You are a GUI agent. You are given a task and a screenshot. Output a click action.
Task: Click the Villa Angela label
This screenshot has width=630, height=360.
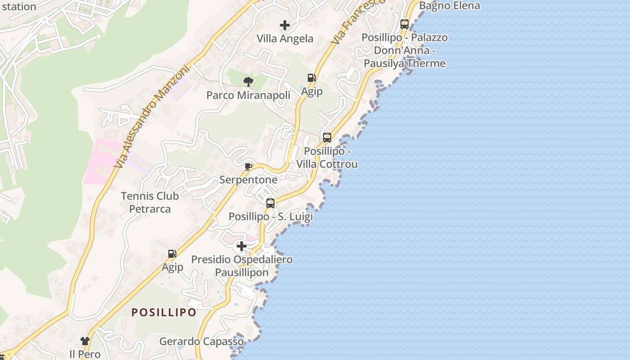[285, 39]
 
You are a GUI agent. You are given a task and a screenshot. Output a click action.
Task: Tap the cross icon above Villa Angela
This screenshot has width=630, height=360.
[285, 25]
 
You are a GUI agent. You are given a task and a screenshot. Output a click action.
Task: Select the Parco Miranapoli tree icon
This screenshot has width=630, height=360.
[248, 81]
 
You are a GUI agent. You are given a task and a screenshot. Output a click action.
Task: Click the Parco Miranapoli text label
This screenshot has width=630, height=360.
[248, 95]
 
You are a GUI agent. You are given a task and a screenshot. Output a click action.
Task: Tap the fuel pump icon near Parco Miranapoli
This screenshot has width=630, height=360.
[311, 78]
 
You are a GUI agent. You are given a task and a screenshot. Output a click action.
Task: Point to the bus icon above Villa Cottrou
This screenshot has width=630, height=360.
[327, 138]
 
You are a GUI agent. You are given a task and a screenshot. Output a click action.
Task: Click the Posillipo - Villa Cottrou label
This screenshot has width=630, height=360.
[327, 157]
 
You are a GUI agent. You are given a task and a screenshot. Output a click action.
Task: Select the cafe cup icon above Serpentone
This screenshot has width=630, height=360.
[248, 166]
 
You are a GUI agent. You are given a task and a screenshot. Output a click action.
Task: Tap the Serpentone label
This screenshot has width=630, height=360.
[248, 180]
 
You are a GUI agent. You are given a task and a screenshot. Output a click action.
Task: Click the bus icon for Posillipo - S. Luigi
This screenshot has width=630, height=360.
[270, 203]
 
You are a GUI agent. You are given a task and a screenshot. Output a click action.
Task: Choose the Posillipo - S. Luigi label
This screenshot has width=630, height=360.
[270, 216]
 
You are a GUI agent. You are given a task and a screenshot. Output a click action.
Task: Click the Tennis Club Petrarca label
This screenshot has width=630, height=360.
[150, 202]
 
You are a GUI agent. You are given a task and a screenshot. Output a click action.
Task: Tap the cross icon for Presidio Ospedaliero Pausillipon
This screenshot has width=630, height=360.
[242, 246]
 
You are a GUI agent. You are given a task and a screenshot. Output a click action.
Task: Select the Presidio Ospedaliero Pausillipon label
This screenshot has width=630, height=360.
[242, 266]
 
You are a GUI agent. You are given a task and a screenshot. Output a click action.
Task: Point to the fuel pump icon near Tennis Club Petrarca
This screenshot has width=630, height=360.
[172, 254]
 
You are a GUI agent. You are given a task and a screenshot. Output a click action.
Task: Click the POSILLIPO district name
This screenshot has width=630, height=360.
[164, 312]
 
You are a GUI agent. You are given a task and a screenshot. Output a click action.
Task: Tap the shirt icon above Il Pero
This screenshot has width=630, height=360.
[85, 341]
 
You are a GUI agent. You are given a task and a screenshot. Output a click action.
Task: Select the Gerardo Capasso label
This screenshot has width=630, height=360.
[201, 342]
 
